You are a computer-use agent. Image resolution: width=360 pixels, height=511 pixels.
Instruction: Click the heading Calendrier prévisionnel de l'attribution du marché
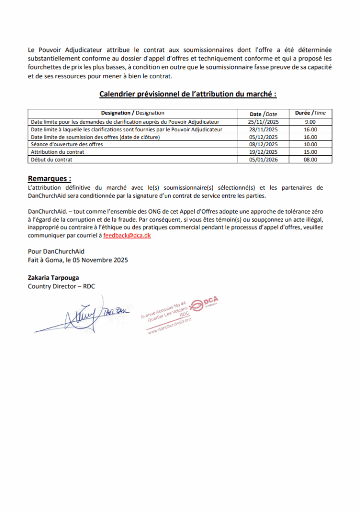(188, 94)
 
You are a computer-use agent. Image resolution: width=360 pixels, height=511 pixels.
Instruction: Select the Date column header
(263, 114)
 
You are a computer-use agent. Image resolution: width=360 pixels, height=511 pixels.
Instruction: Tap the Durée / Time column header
(310, 113)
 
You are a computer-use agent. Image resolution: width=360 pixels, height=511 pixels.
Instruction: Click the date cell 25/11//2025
(263, 122)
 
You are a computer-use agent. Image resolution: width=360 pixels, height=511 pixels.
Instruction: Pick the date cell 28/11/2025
(263, 129)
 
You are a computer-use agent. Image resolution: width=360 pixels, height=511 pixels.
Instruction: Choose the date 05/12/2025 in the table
(263, 137)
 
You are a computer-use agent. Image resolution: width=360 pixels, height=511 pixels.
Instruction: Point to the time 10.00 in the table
(310, 144)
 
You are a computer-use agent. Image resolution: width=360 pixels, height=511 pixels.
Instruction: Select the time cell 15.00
(310, 152)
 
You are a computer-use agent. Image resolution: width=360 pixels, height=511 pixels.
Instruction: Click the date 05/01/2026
(263, 160)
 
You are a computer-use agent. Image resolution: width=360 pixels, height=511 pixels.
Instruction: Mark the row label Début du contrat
(51, 160)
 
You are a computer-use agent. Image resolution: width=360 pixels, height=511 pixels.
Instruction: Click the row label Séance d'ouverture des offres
(67, 144)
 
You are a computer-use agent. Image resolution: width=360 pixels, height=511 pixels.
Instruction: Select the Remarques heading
(49, 178)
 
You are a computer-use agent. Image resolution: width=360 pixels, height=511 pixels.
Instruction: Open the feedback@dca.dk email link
(127, 236)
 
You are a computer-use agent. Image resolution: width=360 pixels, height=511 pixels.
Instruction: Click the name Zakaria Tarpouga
(53, 278)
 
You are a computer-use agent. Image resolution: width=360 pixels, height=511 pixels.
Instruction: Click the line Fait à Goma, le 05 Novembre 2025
(78, 260)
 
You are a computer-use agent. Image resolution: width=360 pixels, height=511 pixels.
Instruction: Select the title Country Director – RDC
(61, 286)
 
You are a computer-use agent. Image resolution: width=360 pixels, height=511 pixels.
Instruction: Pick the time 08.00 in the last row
(310, 160)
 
